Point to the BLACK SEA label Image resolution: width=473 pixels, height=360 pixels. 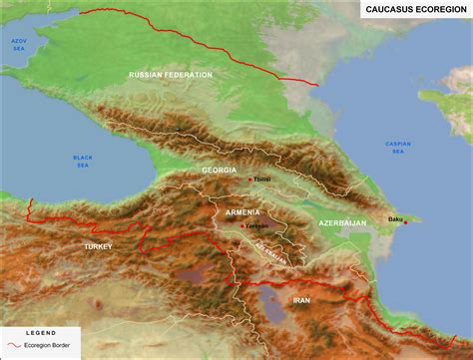click(x=83, y=161)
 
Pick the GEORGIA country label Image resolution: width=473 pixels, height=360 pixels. click(x=220, y=171)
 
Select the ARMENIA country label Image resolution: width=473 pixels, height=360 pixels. click(x=243, y=211)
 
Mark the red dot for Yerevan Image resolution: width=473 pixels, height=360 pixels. click(x=240, y=226)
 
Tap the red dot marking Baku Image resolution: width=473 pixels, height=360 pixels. click(x=405, y=221)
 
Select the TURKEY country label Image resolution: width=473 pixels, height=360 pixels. click(x=98, y=245)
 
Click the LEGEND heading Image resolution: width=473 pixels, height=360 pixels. click(x=41, y=333)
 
